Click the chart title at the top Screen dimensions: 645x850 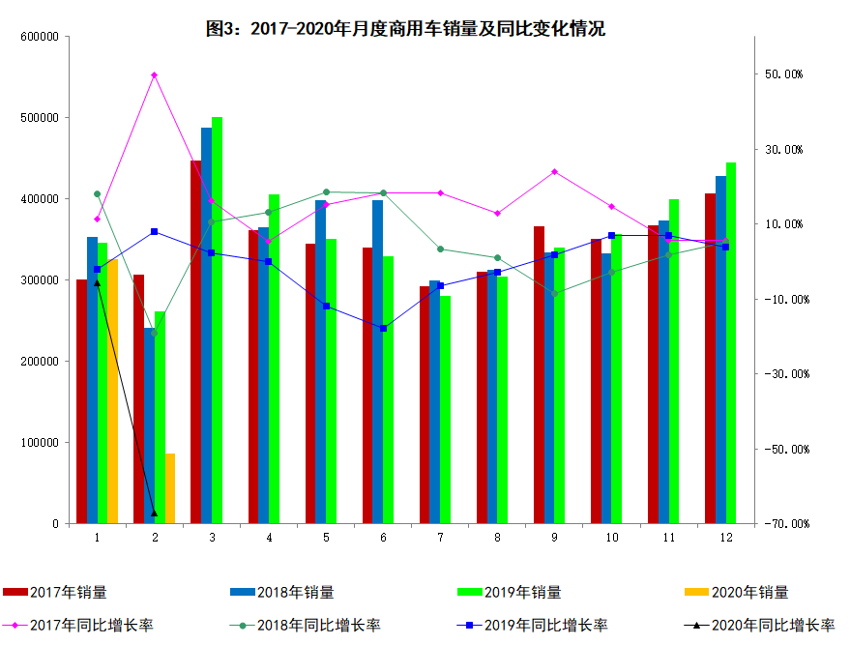pos(406,28)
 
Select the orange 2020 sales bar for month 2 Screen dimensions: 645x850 pos(170,488)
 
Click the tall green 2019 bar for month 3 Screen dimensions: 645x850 pos(217,319)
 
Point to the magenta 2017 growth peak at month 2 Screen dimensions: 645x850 pos(155,74)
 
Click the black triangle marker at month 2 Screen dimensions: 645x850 pos(155,513)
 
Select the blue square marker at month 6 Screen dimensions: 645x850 pos(383,329)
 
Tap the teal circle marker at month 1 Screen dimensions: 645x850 pos(98,194)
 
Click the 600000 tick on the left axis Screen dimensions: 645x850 pos(40,37)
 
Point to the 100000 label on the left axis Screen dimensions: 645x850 pos(40,443)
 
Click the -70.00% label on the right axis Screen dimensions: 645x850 pos(787,524)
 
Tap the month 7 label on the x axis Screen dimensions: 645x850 pos(440,537)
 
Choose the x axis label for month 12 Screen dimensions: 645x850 pos(725,537)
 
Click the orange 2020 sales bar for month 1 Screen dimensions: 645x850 pos(113,391)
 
